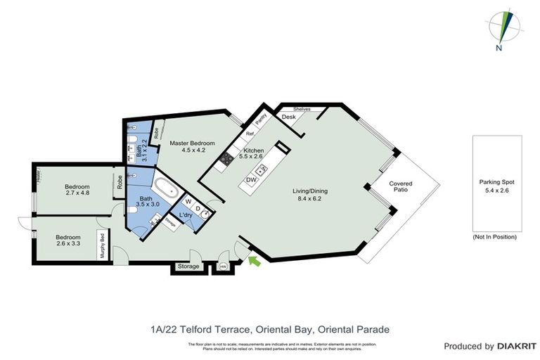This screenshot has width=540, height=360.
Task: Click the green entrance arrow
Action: coord(254,262)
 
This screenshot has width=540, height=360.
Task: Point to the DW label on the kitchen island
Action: coord(251,181)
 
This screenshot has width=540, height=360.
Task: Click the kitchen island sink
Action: coord(262,169)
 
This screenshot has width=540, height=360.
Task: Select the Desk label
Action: coord(288,117)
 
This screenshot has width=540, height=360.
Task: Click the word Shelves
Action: coord(302,108)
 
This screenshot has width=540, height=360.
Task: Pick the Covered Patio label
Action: coord(401,187)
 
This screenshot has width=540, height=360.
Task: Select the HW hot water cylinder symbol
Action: coord(223,266)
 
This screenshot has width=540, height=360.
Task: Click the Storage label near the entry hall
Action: coord(188,266)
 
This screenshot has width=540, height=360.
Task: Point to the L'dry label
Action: coord(186,214)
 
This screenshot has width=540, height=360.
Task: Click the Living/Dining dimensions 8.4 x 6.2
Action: coord(310,199)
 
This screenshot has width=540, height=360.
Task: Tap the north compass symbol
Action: coord(501,27)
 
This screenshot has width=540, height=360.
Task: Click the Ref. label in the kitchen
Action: coord(249,133)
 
